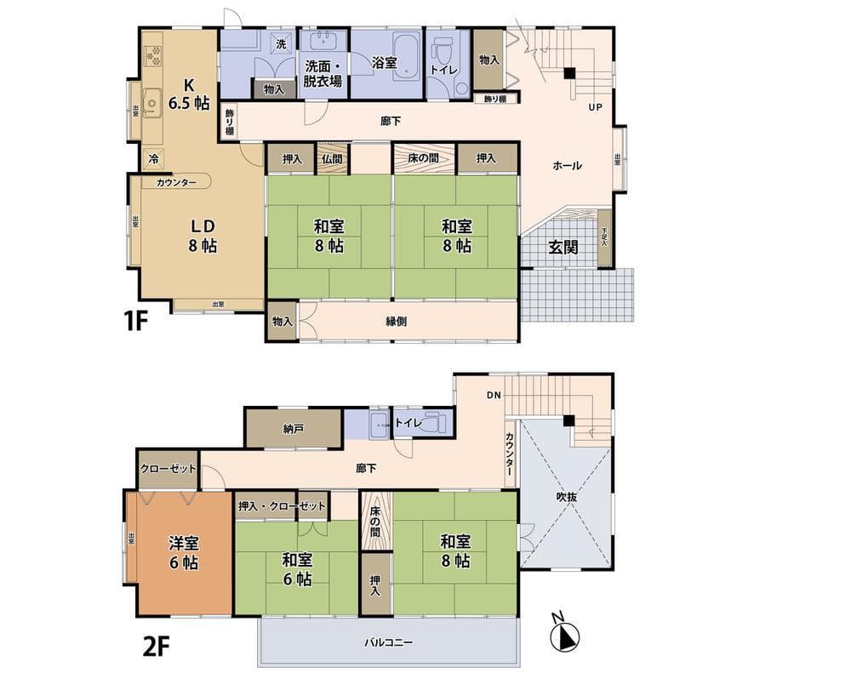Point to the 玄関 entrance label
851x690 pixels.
(x=563, y=248)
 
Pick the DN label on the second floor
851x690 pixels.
(x=494, y=395)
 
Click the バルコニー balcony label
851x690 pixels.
(x=389, y=642)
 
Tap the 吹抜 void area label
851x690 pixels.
(x=568, y=497)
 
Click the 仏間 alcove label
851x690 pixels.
(x=332, y=158)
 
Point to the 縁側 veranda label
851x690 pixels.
(x=397, y=322)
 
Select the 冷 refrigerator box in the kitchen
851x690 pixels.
(x=153, y=159)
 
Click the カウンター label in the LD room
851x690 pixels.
(x=176, y=182)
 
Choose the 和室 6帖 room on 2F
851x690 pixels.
(x=296, y=568)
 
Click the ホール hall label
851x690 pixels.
(x=567, y=166)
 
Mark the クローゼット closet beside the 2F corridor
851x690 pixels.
(x=168, y=469)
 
